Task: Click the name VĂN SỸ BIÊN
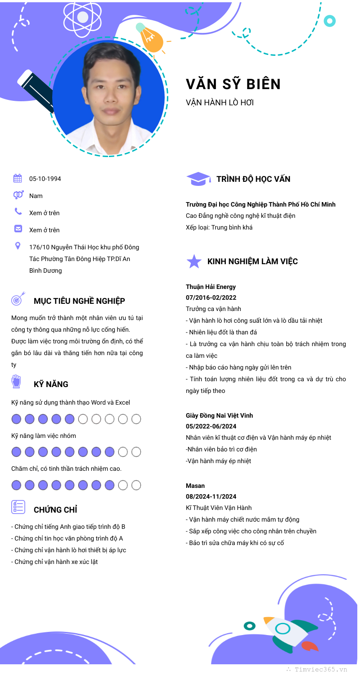pyautogui.click(x=233, y=84)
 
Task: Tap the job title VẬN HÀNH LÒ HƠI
pyautogui.click(x=220, y=103)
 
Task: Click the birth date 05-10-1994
pyautogui.click(x=45, y=179)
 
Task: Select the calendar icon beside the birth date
pyautogui.click(x=18, y=178)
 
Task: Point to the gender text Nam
pyautogui.click(x=36, y=196)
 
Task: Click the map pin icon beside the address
pyautogui.click(x=18, y=246)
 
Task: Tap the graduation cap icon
pyautogui.click(x=198, y=179)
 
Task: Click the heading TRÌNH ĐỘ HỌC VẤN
pyautogui.click(x=253, y=179)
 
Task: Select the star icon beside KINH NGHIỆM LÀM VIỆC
pyautogui.click(x=194, y=261)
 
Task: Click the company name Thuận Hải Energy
pyautogui.click(x=211, y=287)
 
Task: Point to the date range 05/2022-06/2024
pyautogui.click(x=211, y=426)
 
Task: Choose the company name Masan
pyautogui.click(x=195, y=486)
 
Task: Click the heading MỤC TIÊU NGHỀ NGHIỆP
pyautogui.click(x=79, y=301)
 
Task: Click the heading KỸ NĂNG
pyautogui.click(x=51, y=384)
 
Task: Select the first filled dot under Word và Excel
pyautogui.click(x=16, y=419)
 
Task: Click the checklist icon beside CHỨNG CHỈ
pyautogui.click(x=18, y=507)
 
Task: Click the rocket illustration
pyautogui.click(x=288, y=632)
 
